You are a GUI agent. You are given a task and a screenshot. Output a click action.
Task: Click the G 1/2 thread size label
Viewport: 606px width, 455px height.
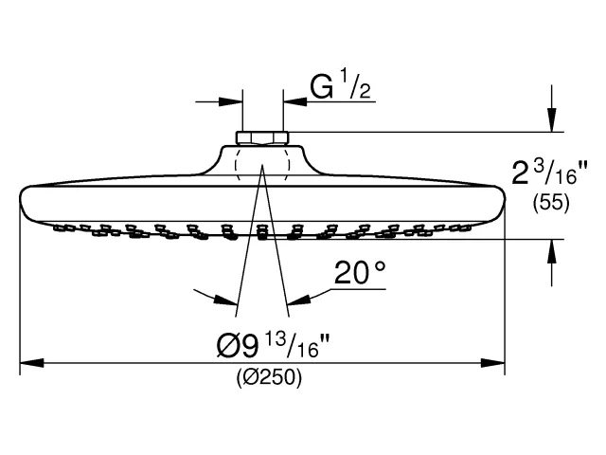tap(341, 84)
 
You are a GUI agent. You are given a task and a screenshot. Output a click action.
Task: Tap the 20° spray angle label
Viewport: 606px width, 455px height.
tap(360, 273)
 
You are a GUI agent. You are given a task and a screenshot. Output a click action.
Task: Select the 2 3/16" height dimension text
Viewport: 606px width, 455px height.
tap(549, 173)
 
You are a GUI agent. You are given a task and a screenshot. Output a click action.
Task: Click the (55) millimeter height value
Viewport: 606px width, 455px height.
tap(551, 202)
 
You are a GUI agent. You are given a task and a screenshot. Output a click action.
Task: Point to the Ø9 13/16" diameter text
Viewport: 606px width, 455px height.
tap(273, 345)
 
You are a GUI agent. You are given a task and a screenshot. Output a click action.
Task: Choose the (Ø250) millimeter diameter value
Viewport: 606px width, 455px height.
tap(269, 377)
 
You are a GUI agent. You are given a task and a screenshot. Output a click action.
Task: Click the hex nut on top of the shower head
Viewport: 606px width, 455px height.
tap(262, 138)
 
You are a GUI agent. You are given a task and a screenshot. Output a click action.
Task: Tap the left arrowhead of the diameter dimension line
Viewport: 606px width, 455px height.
tap(31, 363)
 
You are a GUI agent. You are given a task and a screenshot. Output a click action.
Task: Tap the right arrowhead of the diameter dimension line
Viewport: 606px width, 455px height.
tap(492, 363)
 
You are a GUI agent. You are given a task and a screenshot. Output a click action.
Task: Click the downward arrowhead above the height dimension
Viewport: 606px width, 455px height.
tap(552, 120)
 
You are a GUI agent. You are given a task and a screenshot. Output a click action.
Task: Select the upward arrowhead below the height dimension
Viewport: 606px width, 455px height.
tap(552, 251)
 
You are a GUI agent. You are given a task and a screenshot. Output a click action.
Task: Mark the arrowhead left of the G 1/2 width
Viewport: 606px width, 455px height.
tap(231, 102)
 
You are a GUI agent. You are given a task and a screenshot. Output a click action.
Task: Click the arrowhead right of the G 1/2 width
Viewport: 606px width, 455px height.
tap(295, 102)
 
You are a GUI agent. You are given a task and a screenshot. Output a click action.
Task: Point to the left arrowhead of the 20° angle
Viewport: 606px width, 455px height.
tap(225, 300)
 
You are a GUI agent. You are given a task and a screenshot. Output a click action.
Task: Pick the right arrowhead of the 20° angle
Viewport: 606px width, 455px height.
tap(299, 300)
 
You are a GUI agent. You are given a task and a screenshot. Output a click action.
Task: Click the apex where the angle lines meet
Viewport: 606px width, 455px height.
tap(262, 165)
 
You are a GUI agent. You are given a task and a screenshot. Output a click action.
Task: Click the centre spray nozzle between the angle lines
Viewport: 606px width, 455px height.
tap(262, 231)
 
